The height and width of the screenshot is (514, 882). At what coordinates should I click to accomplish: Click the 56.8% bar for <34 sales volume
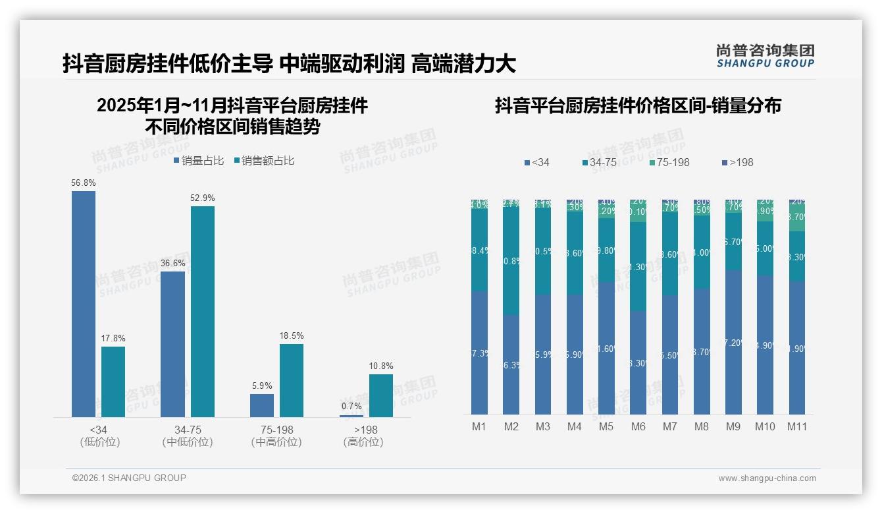84,304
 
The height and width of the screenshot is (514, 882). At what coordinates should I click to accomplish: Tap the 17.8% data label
113,338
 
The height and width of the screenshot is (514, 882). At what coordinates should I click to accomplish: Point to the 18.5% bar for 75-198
292,380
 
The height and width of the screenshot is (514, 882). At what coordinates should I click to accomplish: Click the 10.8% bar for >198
381,395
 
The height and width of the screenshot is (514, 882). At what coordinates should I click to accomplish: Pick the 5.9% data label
262,385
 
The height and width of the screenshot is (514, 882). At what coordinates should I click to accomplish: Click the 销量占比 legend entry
199,160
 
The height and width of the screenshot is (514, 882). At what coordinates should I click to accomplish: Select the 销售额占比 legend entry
264,160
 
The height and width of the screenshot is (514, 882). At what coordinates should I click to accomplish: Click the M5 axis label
606,426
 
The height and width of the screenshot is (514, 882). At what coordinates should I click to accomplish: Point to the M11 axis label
797,426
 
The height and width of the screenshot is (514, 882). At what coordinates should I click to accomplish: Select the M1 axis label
479,426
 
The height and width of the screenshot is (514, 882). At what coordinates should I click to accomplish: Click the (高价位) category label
363,442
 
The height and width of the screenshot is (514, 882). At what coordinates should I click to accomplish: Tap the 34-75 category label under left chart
187,430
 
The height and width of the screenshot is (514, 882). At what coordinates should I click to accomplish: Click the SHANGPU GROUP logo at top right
765,56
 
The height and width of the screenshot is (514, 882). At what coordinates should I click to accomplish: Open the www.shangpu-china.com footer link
767,478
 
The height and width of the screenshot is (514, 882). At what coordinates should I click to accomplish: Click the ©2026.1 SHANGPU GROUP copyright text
129,478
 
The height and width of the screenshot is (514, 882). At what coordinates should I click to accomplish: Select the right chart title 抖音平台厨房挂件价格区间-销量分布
638,105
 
